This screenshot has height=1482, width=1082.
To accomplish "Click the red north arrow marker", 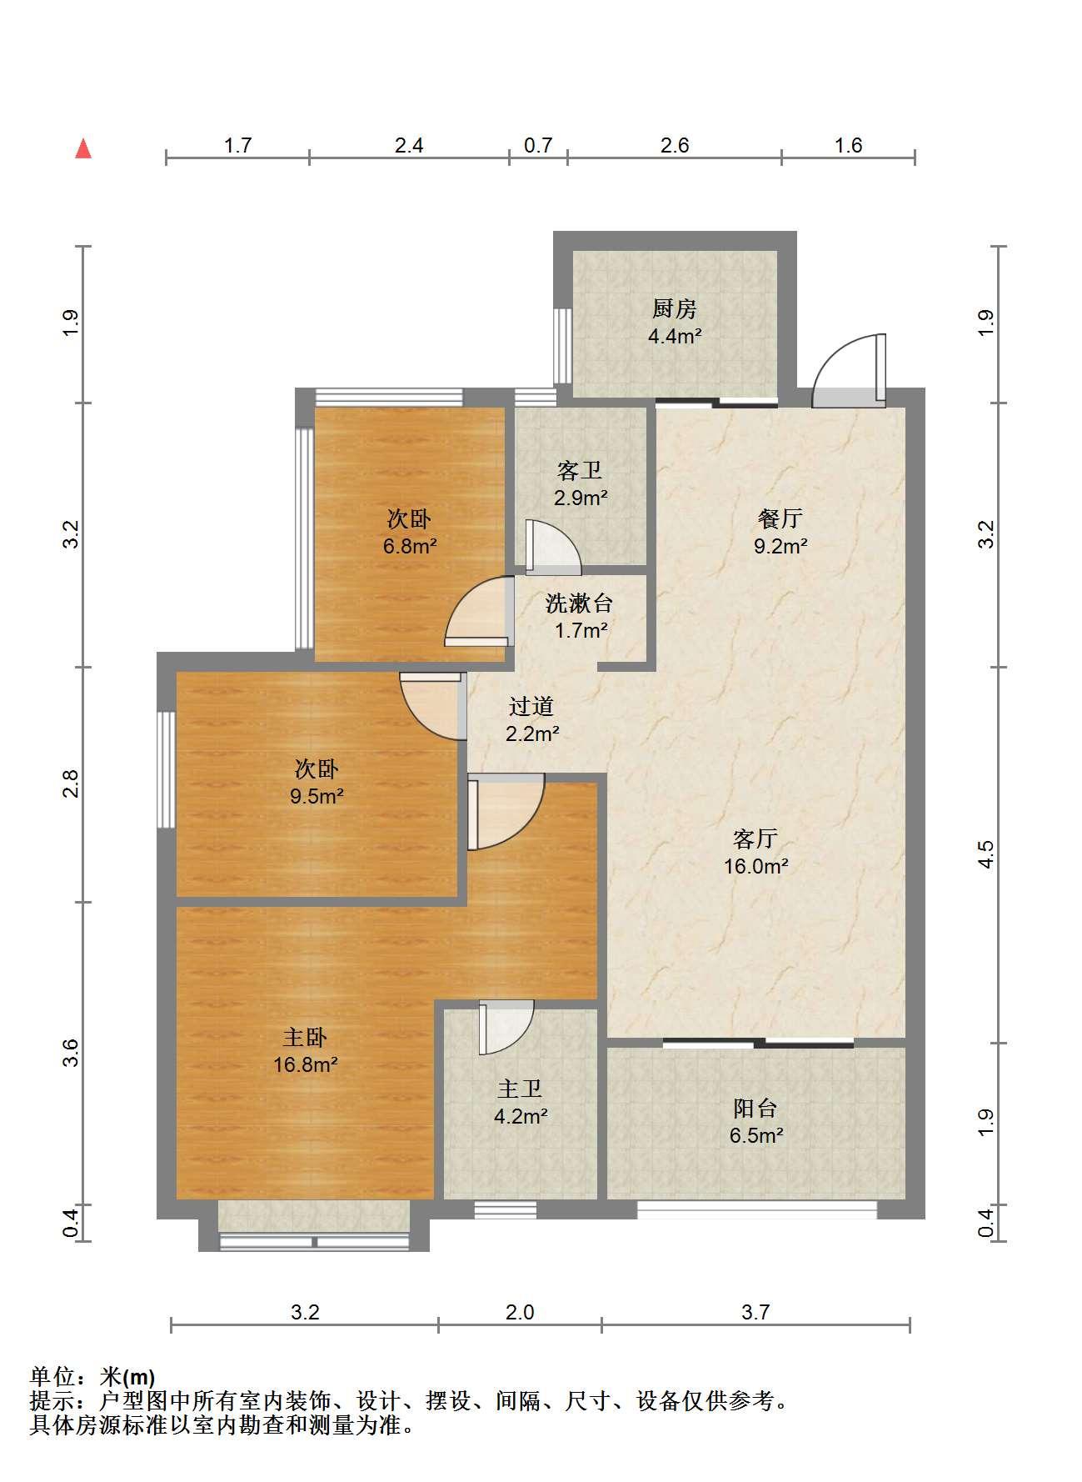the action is click(x=83, y=148).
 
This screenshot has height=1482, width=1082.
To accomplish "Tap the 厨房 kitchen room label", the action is click(x=674, y=309).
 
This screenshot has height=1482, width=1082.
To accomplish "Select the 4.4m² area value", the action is click(x=675, y=337).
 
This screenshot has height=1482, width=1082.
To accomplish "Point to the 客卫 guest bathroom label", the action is click(x=580, y=471).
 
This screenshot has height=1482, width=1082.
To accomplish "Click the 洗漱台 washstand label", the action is click(x=580, y=603).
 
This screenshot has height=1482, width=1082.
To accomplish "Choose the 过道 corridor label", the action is click(x=531, y=707).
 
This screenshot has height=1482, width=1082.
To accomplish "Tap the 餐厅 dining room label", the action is click(x=780, y=518).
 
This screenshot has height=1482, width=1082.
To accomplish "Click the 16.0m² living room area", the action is click(x=756, y=866).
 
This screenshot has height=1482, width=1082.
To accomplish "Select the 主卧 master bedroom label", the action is click(x=305, y=1038).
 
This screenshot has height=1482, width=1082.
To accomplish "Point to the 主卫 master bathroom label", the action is click(x=520, y=1089).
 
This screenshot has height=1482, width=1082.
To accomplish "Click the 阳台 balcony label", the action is click(x=755, y=1109).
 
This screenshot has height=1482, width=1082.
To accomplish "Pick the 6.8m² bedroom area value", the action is click(x=410, y=547).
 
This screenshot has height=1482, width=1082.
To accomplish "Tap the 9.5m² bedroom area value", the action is click(x=317, y=796).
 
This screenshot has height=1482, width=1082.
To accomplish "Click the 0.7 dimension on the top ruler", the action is click(x=538, y=146).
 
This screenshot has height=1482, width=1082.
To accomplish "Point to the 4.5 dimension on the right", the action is click(x=986, y=855).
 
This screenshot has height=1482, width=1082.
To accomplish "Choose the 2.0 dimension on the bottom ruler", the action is click(x=520, y=1313).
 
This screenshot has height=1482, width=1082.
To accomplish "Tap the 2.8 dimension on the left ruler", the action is click(x=72, y=784).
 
